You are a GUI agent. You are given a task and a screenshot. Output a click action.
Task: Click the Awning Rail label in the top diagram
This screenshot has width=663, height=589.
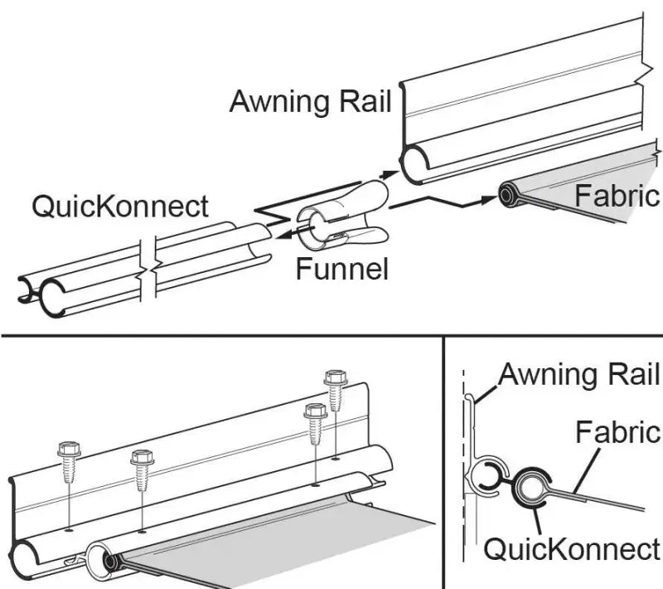(x=310, y=102)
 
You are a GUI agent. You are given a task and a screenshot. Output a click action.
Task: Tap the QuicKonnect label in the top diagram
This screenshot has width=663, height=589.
(x=120, y=205)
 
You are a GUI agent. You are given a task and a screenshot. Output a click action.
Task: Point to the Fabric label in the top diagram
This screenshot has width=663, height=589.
(x=617, y=196)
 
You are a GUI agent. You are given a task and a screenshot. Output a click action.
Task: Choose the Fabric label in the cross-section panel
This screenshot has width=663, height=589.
(x=617, y=432)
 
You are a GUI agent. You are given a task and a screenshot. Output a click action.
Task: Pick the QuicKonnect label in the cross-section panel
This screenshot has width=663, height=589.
(x=572, y=548)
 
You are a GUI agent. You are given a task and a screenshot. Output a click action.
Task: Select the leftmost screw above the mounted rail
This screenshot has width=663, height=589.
(x=67, y=456)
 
